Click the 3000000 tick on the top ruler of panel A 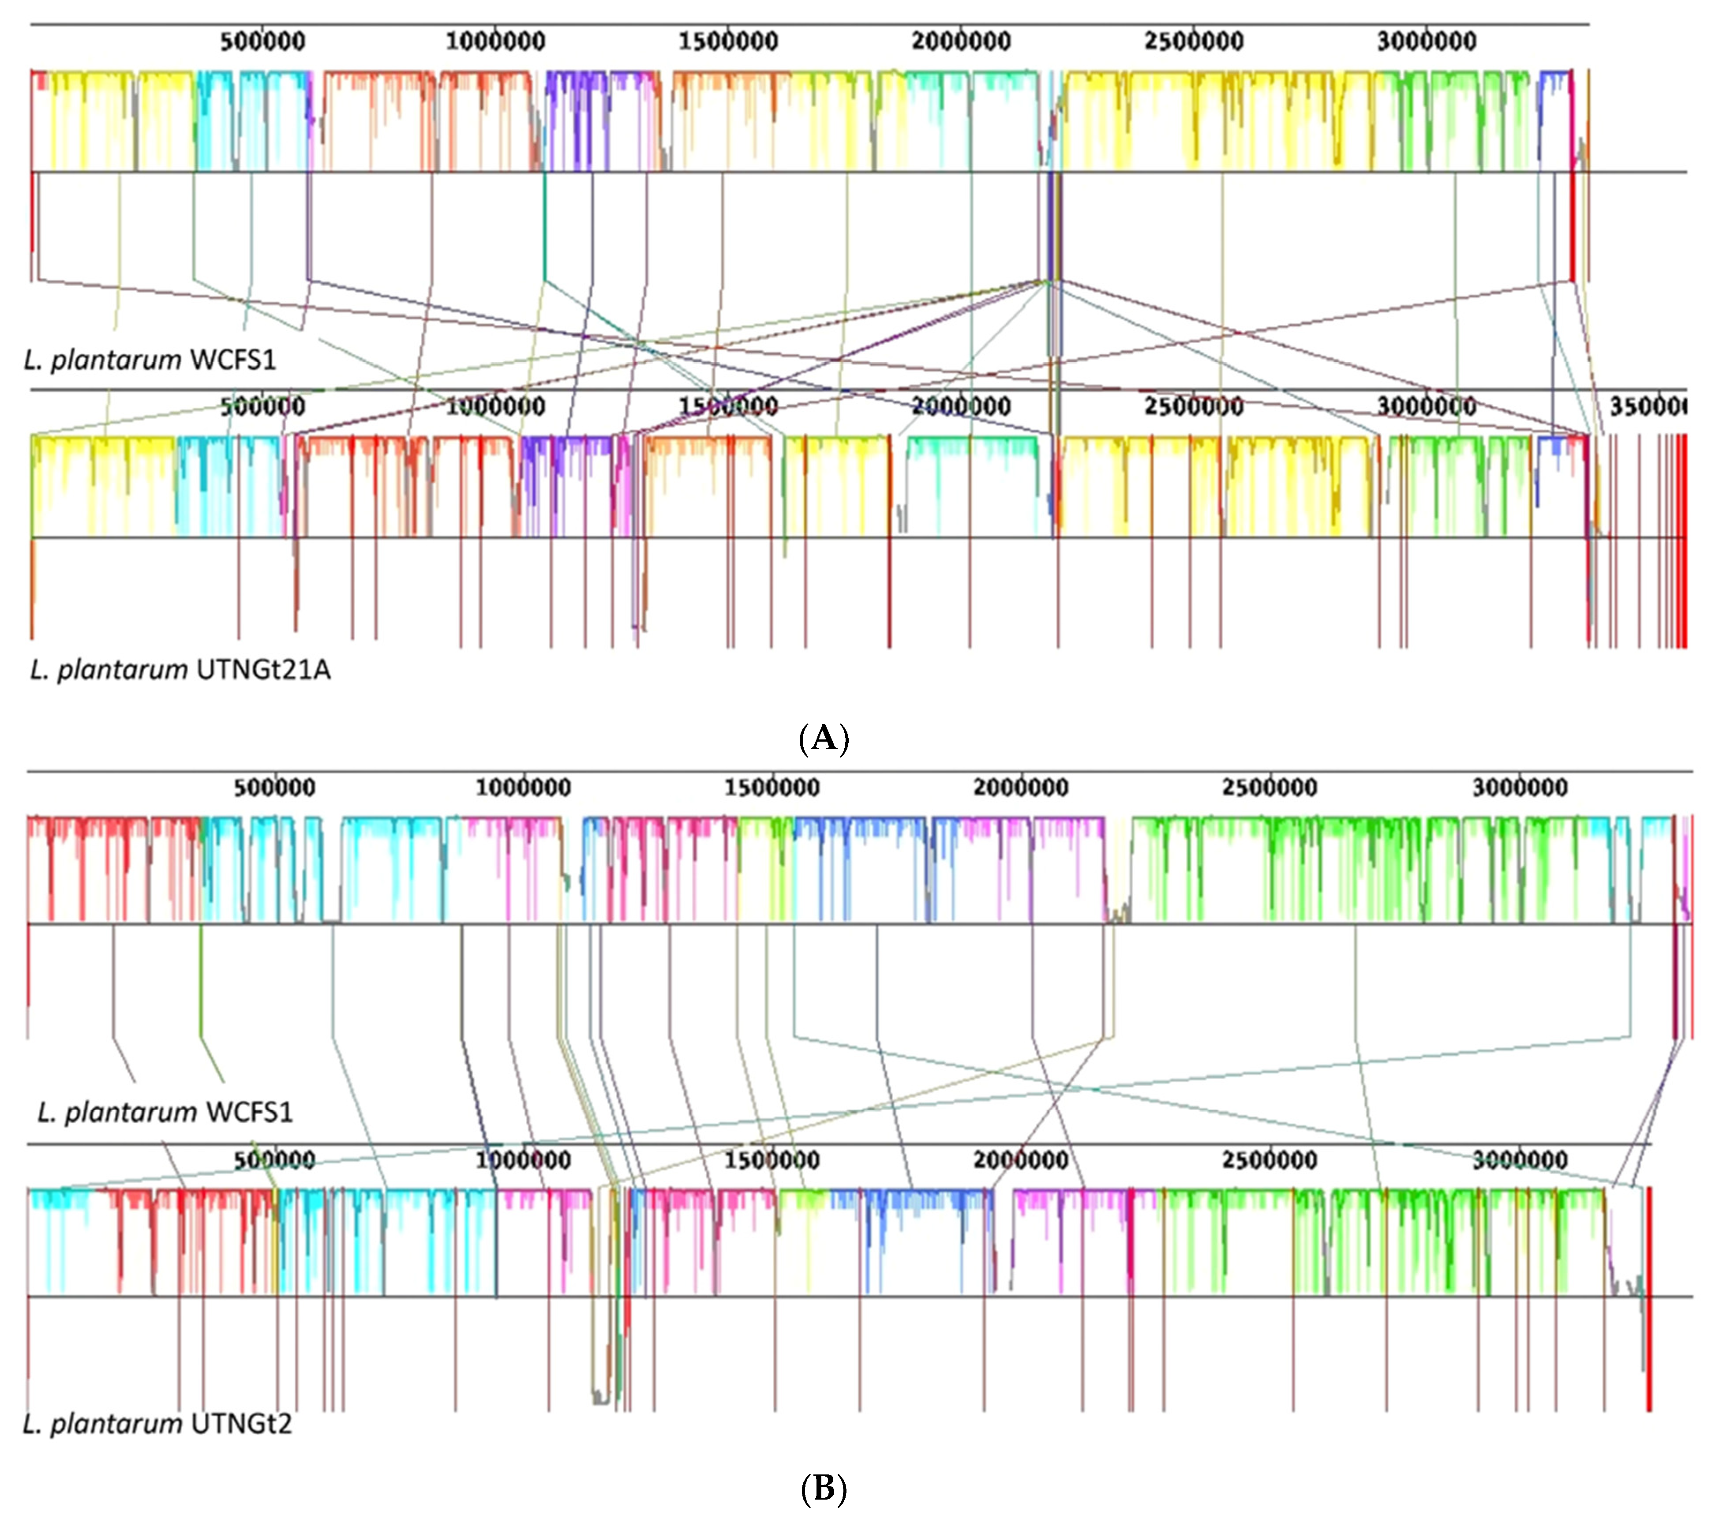click(x=1427, y=41)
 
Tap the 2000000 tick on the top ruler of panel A click(x=961, y=41)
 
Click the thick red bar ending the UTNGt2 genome click(x=1649, y=1299)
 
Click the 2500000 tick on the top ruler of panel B click(x=1270, y=788)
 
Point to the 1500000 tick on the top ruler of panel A click(x=728, y=41)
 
